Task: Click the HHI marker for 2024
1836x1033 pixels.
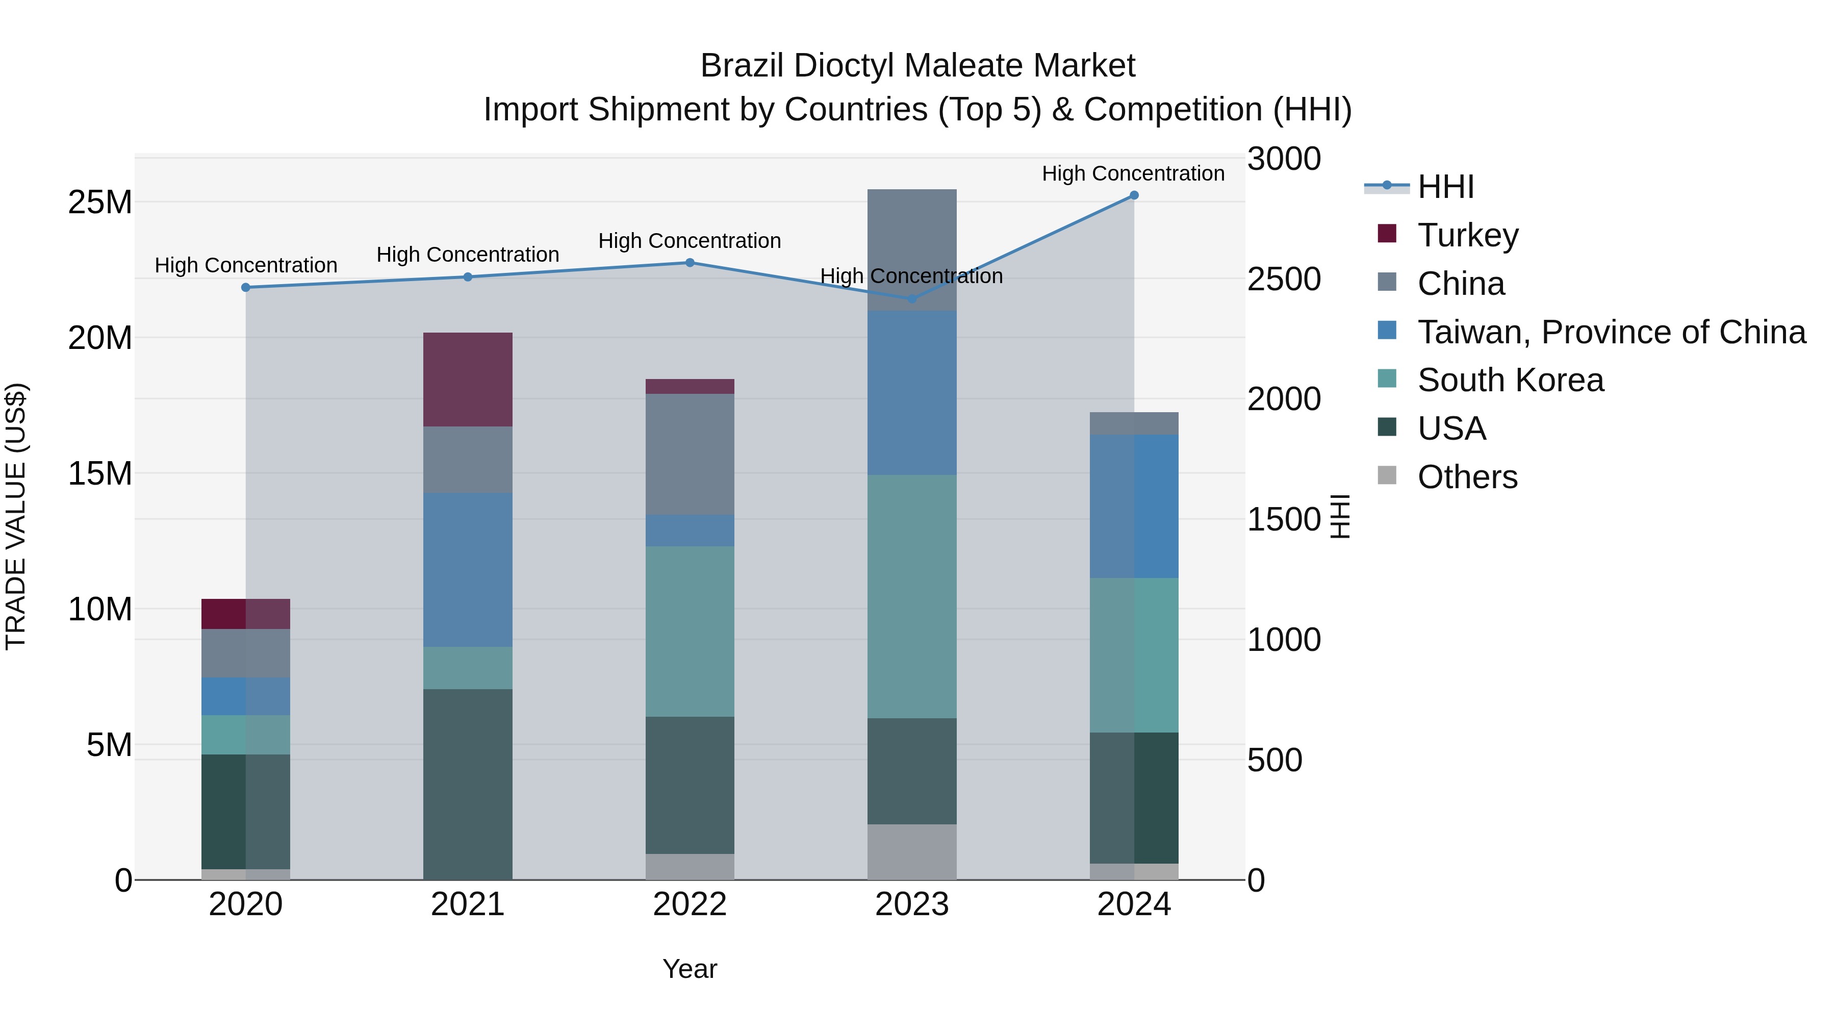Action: click(1134, 195)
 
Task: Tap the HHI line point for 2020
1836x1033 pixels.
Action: click(246, 287)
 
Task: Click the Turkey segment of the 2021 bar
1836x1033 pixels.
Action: click(468, 379)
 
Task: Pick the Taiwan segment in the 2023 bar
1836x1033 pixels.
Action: click(911, 393)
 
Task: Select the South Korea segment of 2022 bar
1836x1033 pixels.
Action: click(690, 632)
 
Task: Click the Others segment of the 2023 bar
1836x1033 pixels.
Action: click(911, 852)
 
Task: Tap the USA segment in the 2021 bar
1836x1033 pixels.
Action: click(468, 784)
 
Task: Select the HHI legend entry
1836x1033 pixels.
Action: click(1445, 187)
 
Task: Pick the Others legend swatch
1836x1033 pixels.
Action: click(1387, 475)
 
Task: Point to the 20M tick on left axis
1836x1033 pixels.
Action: click(100, 338)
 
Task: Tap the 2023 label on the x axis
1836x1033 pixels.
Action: click(911, 904)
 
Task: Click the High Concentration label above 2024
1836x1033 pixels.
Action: click(1133, 174)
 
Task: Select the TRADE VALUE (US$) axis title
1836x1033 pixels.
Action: click(16, 517)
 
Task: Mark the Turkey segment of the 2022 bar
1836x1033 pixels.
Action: click(690, 386)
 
